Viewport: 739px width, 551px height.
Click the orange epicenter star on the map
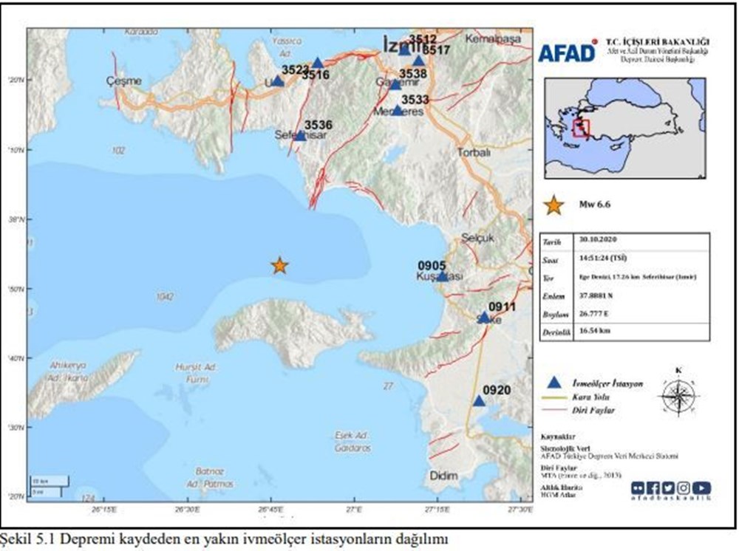(279, 265)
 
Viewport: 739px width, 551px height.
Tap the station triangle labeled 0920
(479, 401)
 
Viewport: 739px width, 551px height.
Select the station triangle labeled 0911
(483, 318)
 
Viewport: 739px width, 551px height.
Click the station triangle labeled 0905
(442, 276)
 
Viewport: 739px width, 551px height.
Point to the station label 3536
(319, 125)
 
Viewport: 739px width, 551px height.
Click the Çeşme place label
(122, 81)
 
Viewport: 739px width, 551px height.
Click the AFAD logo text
(567, 52)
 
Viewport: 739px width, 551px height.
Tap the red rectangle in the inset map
(582, 129)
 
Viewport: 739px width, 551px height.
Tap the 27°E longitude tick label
(355, 510)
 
